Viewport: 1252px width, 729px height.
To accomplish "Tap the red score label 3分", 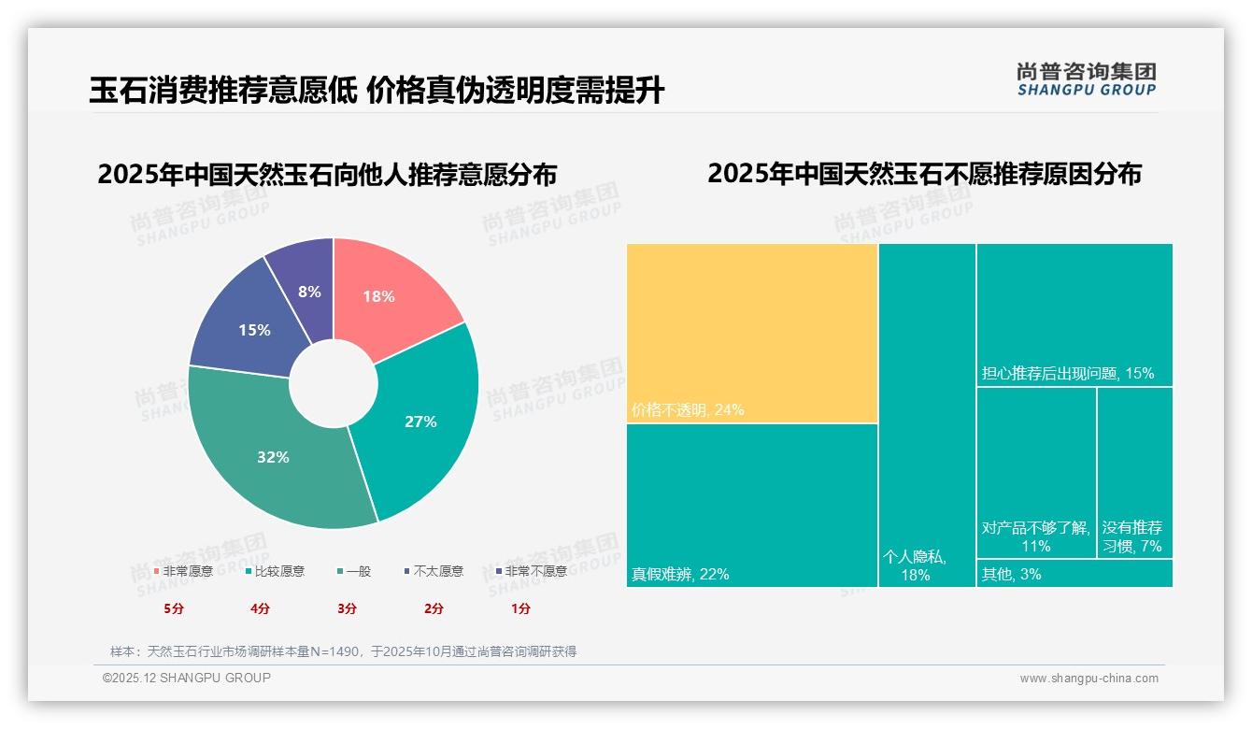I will [x=347, y=608].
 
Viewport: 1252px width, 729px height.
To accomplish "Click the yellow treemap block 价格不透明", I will [x=752, y=333].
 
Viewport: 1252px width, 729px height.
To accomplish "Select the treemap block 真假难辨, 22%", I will [x=752, y=505].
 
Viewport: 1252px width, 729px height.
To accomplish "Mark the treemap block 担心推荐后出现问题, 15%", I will [x=1074, y=314].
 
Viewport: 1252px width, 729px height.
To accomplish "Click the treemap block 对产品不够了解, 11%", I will [x=1036, y=472].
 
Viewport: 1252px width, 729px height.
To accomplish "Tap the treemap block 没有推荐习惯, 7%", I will [x=1134, y=472].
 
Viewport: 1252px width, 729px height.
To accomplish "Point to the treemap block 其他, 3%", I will [x=1074, y=573].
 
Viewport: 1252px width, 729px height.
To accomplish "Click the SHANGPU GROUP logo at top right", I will [x=1086, y=79].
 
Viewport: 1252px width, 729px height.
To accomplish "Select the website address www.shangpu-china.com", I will [x=1088, y=679].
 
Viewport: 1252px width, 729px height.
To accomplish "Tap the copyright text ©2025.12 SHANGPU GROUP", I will [x=187, y=678].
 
